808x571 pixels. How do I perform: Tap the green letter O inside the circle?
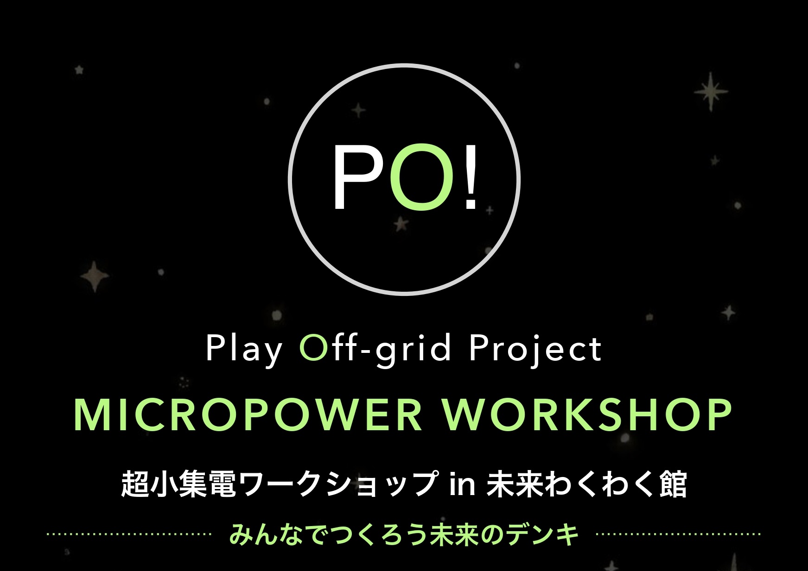pyautogui.click(x=422, y=179)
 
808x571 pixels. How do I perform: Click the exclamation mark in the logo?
pyautogui.click(x=470, y=179)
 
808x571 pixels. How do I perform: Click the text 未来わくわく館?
pyautogui.click(x=586, y=484)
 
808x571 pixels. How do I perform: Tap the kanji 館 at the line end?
pyautogui.click(x=673, y=484)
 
